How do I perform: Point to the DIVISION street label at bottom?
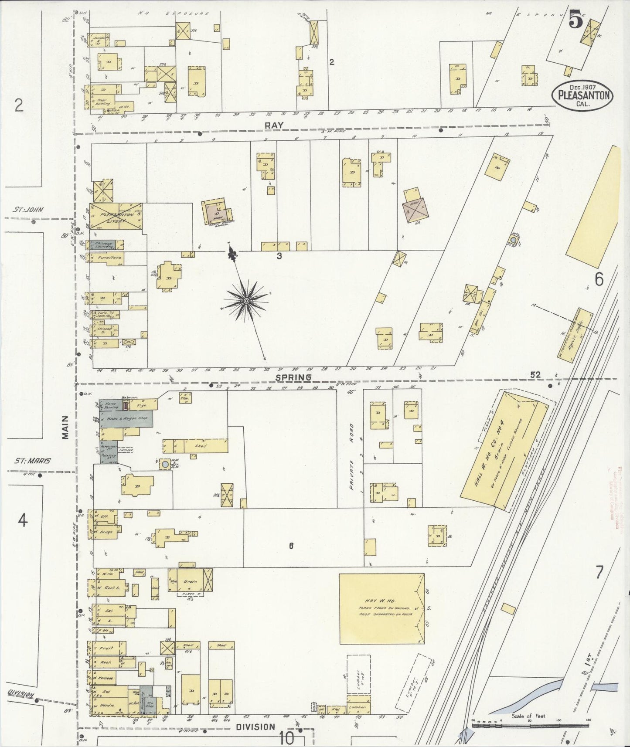tap(255, 727)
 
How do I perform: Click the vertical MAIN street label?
tap(65, 427)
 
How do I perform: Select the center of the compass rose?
tap(247, 301)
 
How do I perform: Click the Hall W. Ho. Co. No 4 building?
tap(501, 451)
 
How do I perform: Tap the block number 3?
tap(279, 256)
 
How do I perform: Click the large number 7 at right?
tap(599, 572)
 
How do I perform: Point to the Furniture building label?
tap(109, 258)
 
